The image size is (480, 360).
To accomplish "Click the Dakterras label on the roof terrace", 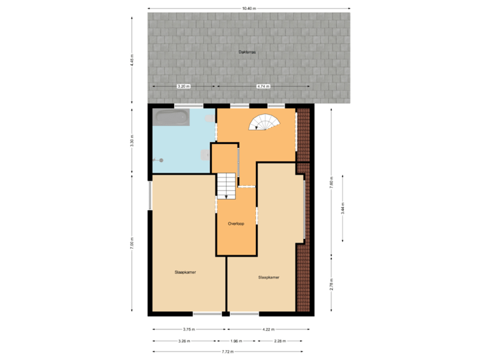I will click(x=248, y=51).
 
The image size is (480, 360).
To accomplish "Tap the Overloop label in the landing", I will click(x=236, y=223).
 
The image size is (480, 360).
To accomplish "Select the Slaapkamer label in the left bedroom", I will click(x=185, y=272).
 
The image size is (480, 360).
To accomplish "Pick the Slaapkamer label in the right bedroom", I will click(x=268, y=277).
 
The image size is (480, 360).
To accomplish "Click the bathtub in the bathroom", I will click(x=171, y=118).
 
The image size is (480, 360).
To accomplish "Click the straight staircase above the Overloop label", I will click(x=226, y=185).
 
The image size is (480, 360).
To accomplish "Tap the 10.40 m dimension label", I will click(x=249, y=8).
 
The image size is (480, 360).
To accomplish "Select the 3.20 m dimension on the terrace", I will click(x=183, y=86).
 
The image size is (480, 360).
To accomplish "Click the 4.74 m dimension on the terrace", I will click(x=263, y=86).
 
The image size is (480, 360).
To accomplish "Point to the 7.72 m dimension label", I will click(x=227, y=351).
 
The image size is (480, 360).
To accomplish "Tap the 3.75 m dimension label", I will click(x=189, y=329).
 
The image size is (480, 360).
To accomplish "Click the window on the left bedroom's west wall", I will click(x=149, y=196).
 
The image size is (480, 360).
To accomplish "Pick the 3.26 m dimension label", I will click(x=184, y=341).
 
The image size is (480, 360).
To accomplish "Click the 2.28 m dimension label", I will click(x=280, y=341).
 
